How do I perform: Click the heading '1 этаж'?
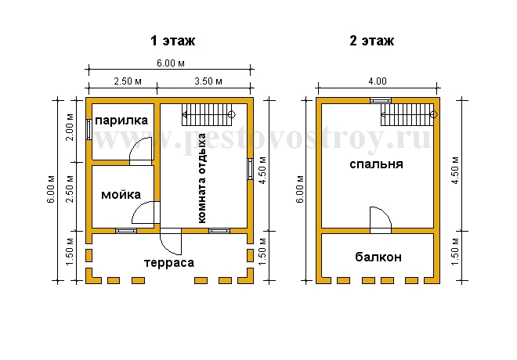click(173, 41)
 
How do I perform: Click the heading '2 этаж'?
click(371, 41)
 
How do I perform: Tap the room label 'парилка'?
click(121, 121)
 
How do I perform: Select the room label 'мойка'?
click(121, 195)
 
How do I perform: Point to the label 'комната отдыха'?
click(201, 178)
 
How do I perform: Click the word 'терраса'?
click(169, 263)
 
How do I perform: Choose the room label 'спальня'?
click(376, 164)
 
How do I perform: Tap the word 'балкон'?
click(378, 257)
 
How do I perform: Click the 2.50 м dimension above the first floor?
click(128, 81)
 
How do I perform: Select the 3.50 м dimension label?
click(208, 81)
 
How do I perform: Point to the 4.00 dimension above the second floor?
click(378, 81)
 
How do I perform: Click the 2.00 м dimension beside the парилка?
click(70, 128)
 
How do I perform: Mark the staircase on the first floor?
click(208, 114)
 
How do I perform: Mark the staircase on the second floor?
click(409, 114)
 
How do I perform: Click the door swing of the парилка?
click(141, 151)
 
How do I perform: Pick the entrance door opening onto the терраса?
click(171, 241)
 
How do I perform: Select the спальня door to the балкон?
click(381, 220)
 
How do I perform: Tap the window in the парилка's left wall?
click(89, 129)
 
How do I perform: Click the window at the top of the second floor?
click(381, 100)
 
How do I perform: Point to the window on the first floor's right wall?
click(250, 169)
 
